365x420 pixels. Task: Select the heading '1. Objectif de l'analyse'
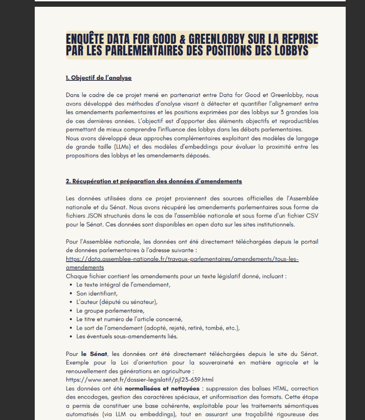click(99, 78)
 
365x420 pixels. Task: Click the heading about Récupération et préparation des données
click(154, 181)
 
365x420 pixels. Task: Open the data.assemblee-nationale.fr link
click(182, 259)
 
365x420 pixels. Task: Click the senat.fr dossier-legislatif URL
click(140, 379)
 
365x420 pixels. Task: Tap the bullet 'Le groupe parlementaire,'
click(110, 310)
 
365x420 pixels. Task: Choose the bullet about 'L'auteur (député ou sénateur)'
click(117, 302)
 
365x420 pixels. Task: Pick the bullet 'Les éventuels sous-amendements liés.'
click(127, 336)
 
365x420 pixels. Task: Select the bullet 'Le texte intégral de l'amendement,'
click(123, 285)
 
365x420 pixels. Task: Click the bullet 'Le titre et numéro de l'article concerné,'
click(129, 319)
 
